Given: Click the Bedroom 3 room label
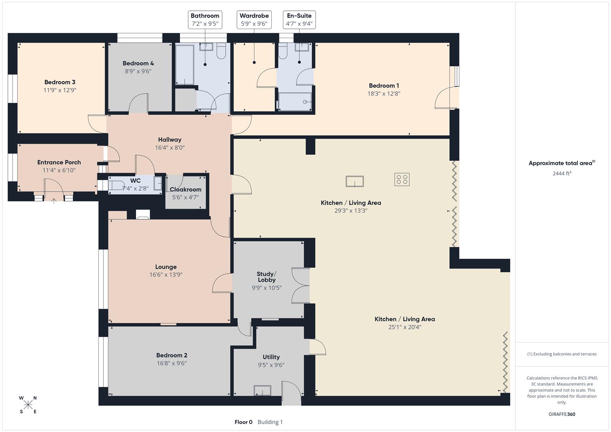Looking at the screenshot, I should tap(60, 82).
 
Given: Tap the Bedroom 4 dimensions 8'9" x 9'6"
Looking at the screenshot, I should tap(138, 72).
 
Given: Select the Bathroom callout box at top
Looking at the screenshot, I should tap(205, 20).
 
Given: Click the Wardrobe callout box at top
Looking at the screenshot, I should tap(254, 20).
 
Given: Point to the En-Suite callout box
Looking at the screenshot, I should tap(299, 20).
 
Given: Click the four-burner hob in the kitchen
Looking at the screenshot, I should tap(402, 179).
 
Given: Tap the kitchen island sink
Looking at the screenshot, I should tap(355, 182).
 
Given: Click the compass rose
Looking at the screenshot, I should tap(28, 405).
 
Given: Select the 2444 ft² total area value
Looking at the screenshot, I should tap(561, 173).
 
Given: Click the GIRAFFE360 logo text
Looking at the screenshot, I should tap(561, 414).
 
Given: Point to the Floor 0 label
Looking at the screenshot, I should tap(243, 422).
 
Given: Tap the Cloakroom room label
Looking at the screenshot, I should tap(185, 190).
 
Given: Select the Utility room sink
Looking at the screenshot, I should tap(262, 390).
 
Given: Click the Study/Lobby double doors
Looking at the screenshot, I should tap(300, 286).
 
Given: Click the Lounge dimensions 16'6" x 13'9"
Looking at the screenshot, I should tap(166, 275).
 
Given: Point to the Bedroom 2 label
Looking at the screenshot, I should tap(172, 355).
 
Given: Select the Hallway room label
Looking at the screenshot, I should tap(170, 140).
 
